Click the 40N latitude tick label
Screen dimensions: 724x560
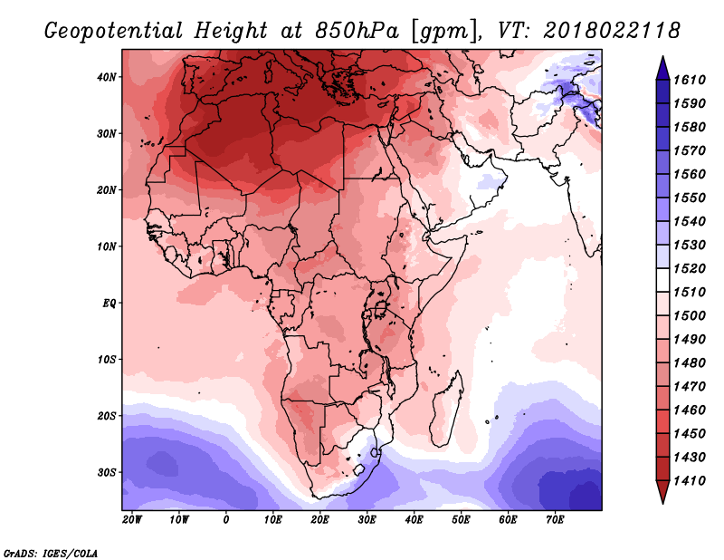[107, 77]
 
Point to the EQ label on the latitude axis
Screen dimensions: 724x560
[109, 304]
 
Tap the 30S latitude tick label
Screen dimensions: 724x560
[107, 472]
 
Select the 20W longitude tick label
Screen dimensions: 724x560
[132, 520]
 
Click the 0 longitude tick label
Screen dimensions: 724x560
[225, 520]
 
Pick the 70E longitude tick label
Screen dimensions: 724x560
[555, 520]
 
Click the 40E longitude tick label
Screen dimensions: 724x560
[414, 520]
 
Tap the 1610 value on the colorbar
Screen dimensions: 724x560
[690, 80]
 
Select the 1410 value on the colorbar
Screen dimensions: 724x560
[690, 481]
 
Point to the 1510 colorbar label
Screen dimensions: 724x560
[690, 293]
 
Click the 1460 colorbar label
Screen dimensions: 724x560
[690, 410]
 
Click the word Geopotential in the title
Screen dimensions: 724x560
[114, 32]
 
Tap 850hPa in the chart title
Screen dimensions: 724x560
[357, 31]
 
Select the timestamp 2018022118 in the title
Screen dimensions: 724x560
[612, 31]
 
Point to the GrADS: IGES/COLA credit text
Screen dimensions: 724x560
[51, 554]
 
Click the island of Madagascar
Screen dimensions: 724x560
[447, 409]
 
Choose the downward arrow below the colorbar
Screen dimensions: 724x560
[662, 492]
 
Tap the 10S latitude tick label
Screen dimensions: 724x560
[107, 360]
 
